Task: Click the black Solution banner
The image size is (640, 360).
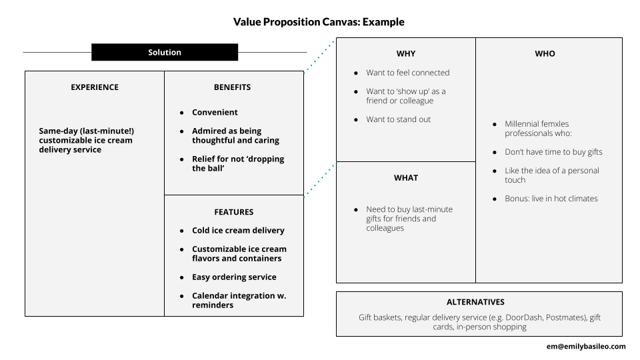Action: [165, 52]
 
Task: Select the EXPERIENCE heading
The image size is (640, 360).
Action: [95, 87]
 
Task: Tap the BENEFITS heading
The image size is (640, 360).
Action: [232, 87]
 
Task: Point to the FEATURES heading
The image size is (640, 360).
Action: [233, 212]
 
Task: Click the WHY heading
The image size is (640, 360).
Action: [406, 54]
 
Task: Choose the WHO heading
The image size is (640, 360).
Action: [545, 54]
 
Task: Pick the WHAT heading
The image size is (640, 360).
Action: [406, 178]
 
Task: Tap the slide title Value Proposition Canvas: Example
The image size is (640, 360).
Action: [319, 22]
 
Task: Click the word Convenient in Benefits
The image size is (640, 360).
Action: [215, 113]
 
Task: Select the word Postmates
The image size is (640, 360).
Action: [565, 318]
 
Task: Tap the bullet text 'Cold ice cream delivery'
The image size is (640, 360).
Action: [238, 231]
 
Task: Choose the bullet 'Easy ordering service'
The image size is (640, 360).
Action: [234, 277]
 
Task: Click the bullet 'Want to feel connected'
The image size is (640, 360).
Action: [407, 73]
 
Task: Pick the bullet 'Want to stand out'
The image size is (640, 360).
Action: [398, 119]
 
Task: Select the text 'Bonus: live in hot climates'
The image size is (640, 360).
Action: [551, 199]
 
